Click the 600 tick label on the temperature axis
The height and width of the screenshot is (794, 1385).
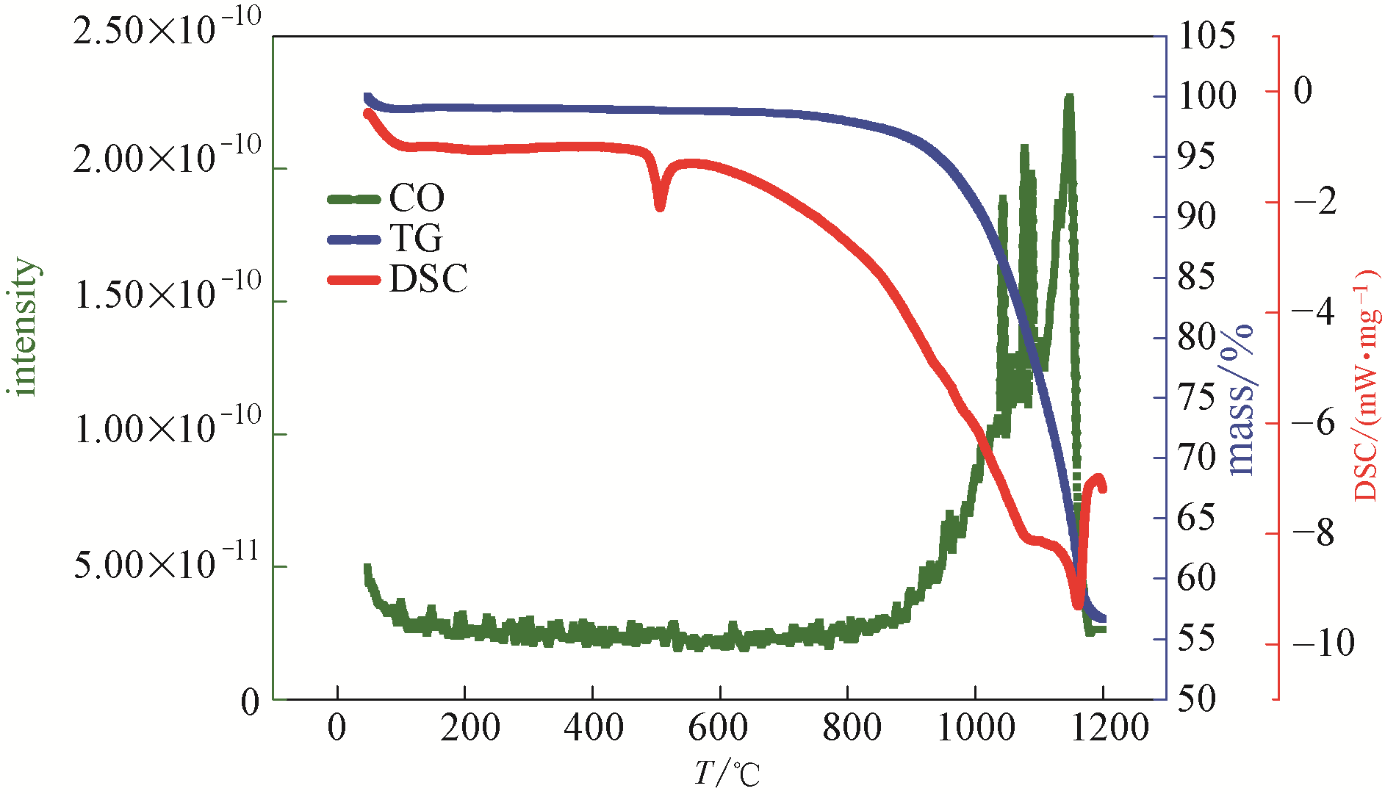coord(719,728)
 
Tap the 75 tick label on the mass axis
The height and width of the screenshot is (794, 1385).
coord(1196,397)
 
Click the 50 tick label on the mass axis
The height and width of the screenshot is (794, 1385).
coord(1196,699)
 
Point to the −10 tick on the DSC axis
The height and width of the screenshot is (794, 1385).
coord(1323,643)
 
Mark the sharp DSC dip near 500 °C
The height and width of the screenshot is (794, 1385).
coord(660,206)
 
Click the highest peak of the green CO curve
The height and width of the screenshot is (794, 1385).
coord(1069,98)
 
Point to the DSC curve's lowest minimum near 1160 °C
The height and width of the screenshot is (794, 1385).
coord(1078,604)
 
